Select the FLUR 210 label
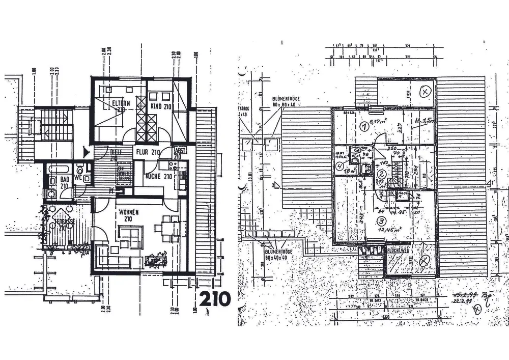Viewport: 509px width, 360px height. (x=148, y=151)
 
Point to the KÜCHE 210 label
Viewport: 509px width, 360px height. (x=158, y=176)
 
